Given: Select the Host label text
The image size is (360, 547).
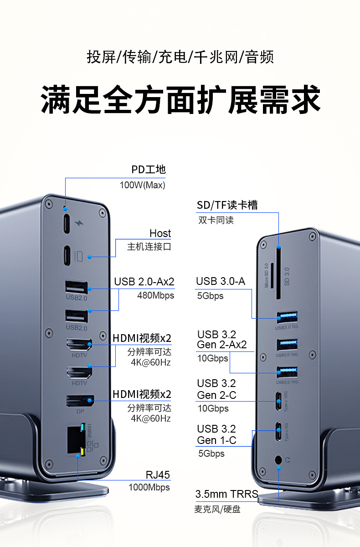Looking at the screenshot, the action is pyautogui.click(x=160, y=233).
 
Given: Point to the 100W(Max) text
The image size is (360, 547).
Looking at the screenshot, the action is pyautogui.click(x=142, y=185).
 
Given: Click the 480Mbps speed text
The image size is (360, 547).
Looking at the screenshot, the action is pyautogui.click(x=155, y=295).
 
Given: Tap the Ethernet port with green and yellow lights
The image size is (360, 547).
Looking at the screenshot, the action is pyautogui.click(x=75, y=439).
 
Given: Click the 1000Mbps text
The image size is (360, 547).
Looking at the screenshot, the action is pyautogui.click(x=149, y=487).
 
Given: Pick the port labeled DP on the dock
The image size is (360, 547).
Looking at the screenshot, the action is pyautogui.click(x=80, y=401).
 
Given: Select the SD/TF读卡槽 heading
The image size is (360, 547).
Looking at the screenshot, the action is pyautogui.click(x=227, y=205).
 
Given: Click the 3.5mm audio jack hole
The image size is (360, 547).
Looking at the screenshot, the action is pyautogui.click(x=278, y=460).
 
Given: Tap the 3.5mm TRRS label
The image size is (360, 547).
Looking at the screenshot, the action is pyautogui.click(x=226, y=494).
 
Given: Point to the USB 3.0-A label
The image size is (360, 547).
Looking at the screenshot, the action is pyautogui.click(x=221, y=281).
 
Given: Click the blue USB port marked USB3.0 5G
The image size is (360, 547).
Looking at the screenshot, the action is pyautogui.click(x=287, y=317).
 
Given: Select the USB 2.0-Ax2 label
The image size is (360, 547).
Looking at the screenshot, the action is pyautogui.click(x=144, y=281).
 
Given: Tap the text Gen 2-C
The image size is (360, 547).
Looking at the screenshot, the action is pyautogui.click(x=216, y=395).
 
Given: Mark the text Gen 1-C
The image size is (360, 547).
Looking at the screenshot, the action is pyautogui.click(x=216, y=440).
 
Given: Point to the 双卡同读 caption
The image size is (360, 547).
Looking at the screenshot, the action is pyautogui.click(x=216, y=220).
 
